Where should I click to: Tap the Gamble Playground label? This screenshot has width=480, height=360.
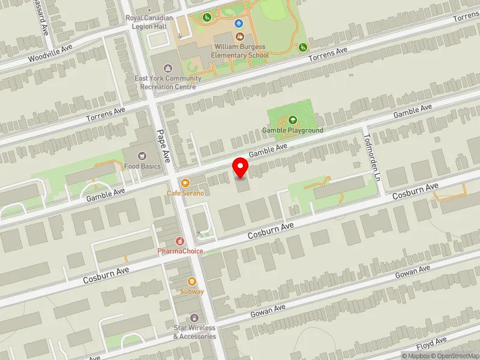(293, 130)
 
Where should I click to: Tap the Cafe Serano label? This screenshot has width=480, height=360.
(185, 193)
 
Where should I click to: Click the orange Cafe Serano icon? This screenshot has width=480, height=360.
(185, 183)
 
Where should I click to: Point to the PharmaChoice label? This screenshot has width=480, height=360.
(180, 251)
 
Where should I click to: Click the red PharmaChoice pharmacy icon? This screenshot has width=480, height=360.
(180, 241)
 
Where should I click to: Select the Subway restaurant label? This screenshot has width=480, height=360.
(192, 292)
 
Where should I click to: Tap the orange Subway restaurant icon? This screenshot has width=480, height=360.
(192, 281)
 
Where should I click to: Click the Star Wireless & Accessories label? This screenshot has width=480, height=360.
(194, 332)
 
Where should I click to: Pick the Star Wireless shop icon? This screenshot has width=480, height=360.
(194, 318)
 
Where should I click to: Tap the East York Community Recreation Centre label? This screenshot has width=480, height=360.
(167, 83)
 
